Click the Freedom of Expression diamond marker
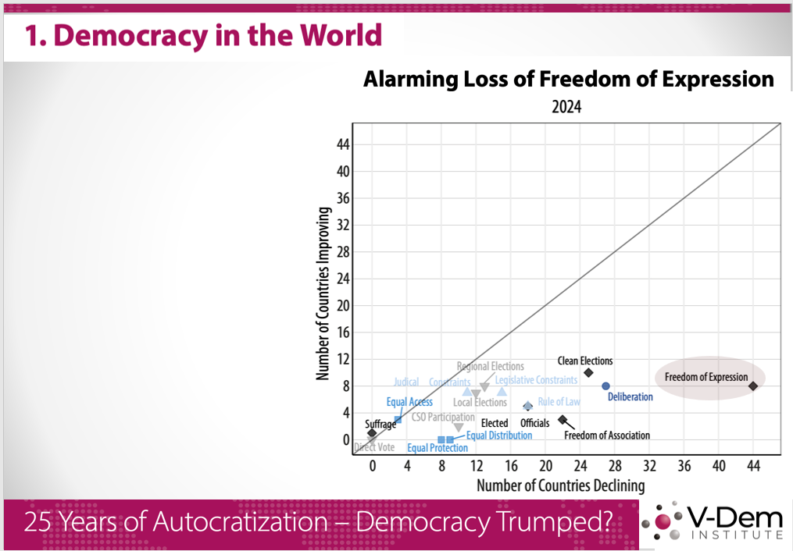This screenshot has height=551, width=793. [752, 386]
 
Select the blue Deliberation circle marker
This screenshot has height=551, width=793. [605, 386]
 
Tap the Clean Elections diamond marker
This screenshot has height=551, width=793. [588, 372]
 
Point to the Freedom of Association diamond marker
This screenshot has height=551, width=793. [563, 419]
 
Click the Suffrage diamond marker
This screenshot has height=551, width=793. [372, 433]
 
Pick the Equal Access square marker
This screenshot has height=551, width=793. [398, 419]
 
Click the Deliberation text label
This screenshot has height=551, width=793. [630, 396]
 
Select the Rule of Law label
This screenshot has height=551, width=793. [559, 402]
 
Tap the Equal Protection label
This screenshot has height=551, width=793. [438, 448]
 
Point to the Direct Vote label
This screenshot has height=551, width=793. [374, 447]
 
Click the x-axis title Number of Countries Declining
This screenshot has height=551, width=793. [560, 485]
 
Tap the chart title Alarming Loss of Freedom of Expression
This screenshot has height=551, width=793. [568, 80]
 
